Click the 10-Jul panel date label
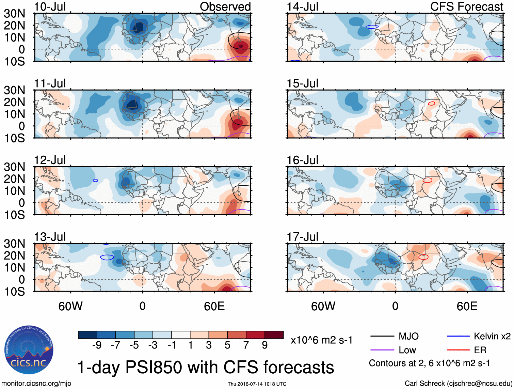tap(50, 7)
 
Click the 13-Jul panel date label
tap(50, 237)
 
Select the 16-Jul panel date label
tap(302, 160)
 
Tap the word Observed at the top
tap(225, 7)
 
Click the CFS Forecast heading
tap(466, 7)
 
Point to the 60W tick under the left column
tap(70, 306)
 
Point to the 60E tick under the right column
tap(467, 306)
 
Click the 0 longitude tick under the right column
tap(395, 306)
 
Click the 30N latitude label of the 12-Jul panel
tap(14, 167)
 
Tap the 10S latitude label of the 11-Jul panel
tap(14, 138)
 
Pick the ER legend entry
tap(480, 350)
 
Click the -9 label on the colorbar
tap(97, 345)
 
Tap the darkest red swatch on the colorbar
tap(274, 335)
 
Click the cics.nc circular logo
tap(29, 350)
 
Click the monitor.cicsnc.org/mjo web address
tap(36, 384)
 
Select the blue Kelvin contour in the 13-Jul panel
tap(107, 257)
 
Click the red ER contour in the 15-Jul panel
tap(432, 103)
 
